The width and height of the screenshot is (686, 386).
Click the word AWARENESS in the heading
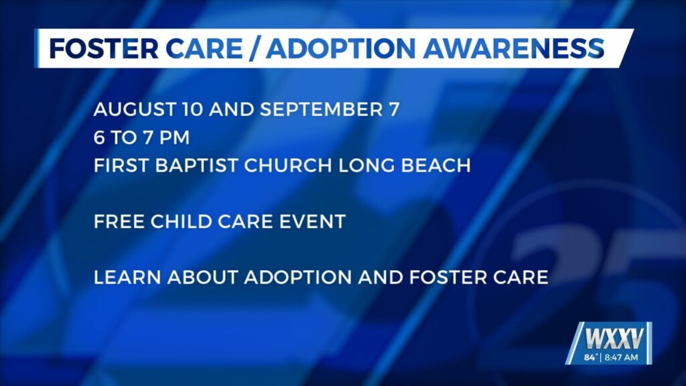point(514,48)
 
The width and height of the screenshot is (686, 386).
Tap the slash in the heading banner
point(254,48)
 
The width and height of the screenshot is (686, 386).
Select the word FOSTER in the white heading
point(104,48)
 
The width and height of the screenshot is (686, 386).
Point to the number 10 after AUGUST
point(192,109)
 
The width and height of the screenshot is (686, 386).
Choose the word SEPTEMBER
point(322,109)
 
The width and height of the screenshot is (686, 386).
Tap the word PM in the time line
point(174,137)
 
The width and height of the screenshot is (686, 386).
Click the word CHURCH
point(288,166)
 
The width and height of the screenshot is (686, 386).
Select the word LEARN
point(127,277)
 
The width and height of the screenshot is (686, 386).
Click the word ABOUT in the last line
point(202,277)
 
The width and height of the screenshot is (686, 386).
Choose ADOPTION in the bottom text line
point(298,277)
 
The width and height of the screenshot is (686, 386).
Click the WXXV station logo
point(614,338)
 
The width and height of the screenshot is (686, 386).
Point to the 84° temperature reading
point(590,358)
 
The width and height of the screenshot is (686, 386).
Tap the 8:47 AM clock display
point(621,358)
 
